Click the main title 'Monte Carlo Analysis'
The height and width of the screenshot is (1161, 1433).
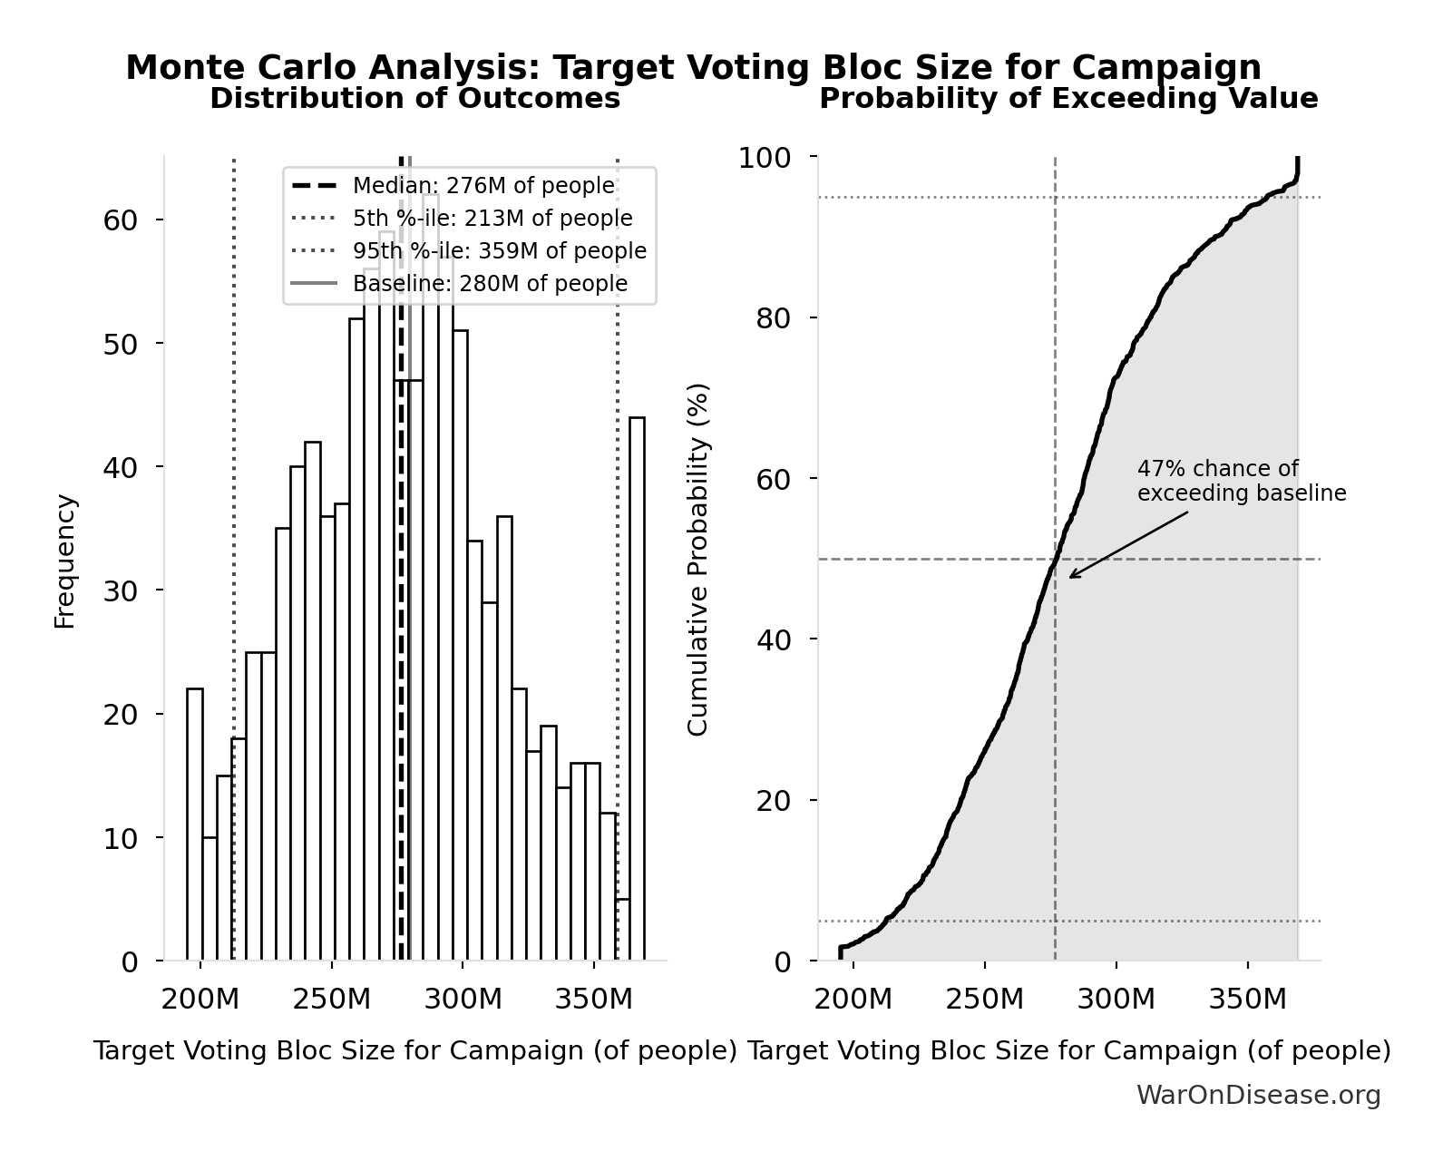(x=692, y=68)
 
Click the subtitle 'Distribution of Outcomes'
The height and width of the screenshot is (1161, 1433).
(x=414, y=99)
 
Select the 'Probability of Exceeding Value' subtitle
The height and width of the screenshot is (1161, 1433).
(x=1067, y=99)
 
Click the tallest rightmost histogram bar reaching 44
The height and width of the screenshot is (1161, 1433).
(x=637, y=689)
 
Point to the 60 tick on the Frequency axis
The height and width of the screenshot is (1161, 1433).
(x=120, y=220)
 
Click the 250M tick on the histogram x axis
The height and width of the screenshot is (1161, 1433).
(x=331, y=1000)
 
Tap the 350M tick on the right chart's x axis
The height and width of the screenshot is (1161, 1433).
(x=1247, y=1000)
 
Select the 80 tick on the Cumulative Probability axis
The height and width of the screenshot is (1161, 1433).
(x=773, y=318)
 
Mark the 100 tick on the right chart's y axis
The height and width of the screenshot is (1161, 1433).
(x=764, y=158)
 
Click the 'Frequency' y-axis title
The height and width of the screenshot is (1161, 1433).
(x=65, y=561)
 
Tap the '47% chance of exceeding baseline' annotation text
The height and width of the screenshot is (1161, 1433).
(x=1241, y=482)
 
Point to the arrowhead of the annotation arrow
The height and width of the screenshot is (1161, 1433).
(x=1071, y=576)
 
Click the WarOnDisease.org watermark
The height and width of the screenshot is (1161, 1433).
(x=1258, y=1096)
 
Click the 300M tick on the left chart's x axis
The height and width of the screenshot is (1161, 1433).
(x=463, y=1000)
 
